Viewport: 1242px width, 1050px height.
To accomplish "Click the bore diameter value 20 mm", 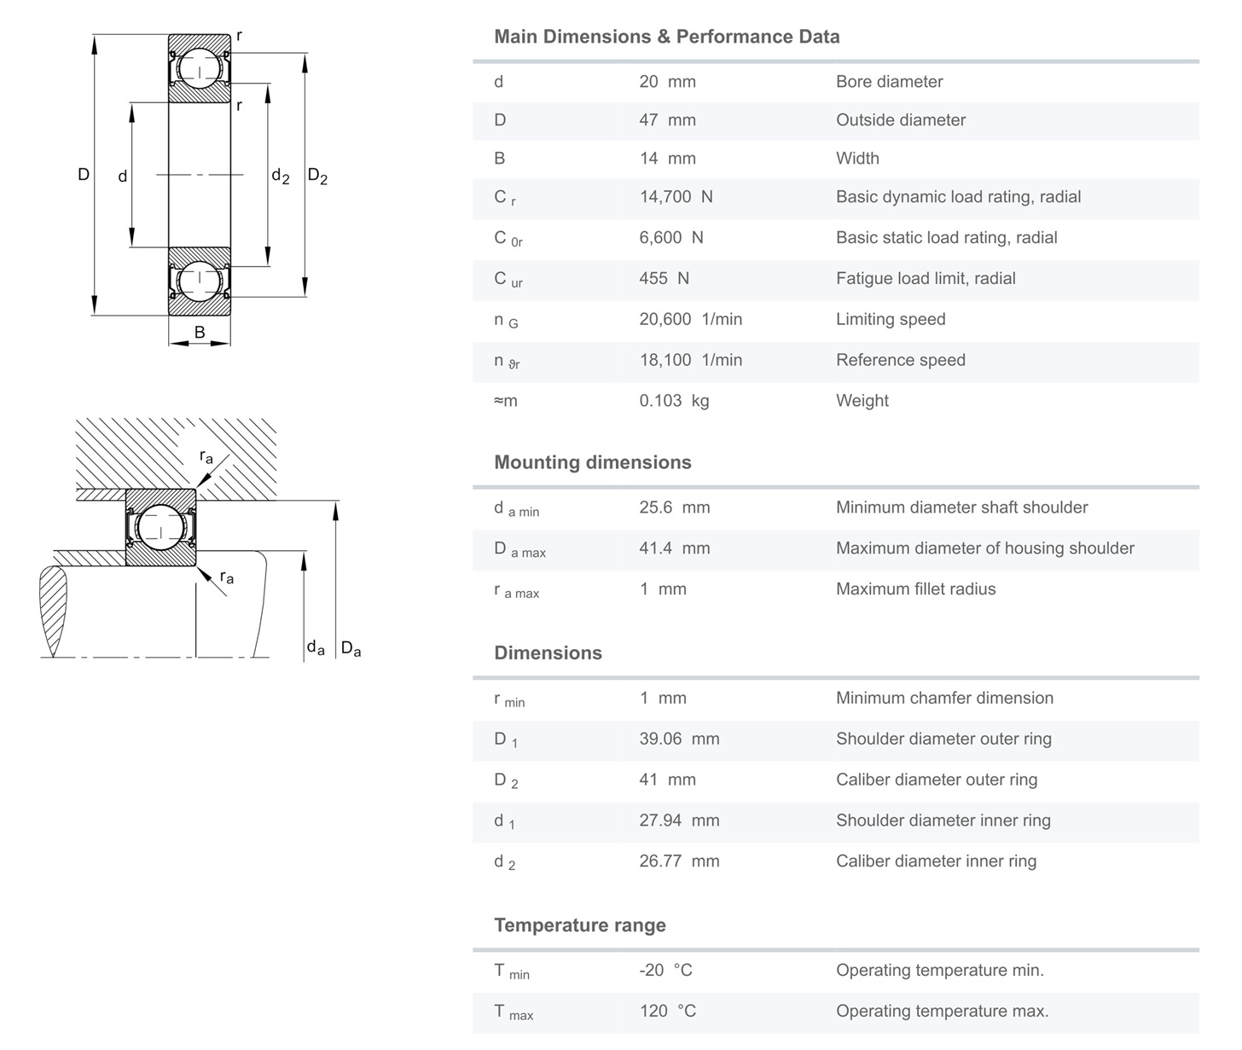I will [667, 82].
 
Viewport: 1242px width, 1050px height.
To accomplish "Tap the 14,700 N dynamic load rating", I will [676, 197].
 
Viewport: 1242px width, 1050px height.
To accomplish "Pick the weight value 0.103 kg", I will [674, 401].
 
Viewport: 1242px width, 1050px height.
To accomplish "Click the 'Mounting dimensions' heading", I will [593, 462].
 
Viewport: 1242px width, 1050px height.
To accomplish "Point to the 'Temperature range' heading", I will [580, 925].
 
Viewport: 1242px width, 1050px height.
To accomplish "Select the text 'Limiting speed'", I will [891, 320].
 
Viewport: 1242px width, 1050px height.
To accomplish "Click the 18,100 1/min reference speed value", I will [691, 360].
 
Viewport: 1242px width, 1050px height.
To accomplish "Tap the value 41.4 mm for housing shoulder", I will [675, 548].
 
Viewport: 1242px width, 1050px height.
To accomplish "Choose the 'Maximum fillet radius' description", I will [915, 589].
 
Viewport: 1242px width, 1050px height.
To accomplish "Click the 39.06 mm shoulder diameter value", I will [679, 740].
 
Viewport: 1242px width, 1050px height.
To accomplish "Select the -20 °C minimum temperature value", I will [665, 971].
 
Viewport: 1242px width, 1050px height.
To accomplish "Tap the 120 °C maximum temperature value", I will [667, 1012].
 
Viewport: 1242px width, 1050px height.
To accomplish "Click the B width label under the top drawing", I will [200, 333].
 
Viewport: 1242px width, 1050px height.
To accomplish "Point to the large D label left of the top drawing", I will [84, 175].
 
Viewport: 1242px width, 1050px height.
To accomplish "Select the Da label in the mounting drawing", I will [351, 649].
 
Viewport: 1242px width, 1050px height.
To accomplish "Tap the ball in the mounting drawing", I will [160, 527].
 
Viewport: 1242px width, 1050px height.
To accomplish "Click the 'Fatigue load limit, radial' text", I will [926, 279].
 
